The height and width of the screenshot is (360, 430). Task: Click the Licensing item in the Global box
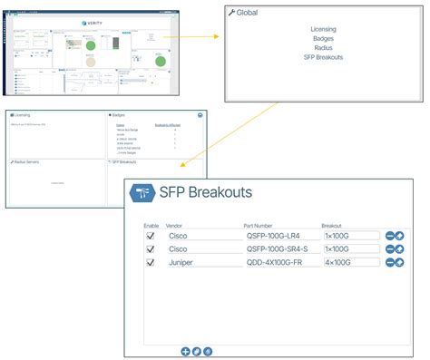coord(324,30)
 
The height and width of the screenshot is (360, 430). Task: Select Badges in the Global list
coord(324,39)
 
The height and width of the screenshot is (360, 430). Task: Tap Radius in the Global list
coord(324,48)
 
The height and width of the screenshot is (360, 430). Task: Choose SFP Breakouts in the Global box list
coord(324,57)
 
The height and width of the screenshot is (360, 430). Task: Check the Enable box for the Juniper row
coord(151,262)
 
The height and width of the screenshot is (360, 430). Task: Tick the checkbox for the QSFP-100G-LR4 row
coord(151,236)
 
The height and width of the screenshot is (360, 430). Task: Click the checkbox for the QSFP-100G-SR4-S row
coord(151,248)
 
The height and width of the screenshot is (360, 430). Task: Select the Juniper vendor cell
coord(181,262)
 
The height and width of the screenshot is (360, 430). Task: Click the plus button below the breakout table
coord(185,350)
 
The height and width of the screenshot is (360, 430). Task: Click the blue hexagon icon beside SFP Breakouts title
coord(142,192)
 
